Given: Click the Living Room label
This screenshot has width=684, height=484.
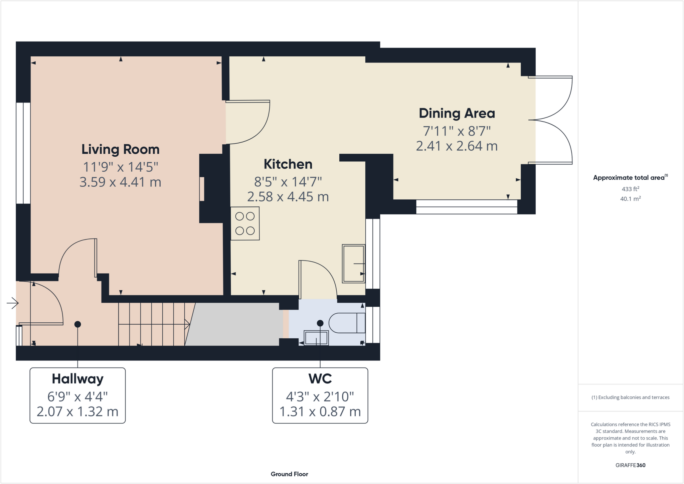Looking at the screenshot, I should [x=120, y=149].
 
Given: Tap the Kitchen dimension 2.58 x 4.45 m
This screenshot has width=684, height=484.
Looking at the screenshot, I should [x=288, y=197].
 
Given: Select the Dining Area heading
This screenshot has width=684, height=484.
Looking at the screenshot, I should [x=457, y=113].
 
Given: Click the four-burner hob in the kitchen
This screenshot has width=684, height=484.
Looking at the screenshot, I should [x=245, y=223].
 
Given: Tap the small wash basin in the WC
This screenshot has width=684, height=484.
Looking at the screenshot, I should [x=316, y=338].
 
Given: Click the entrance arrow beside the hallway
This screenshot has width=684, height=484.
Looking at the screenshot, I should [x=13, y=303].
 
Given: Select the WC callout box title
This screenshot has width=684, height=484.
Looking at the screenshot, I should [x=320, y=379].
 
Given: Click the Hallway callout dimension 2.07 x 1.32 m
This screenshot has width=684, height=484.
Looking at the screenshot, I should [x=77, y=412].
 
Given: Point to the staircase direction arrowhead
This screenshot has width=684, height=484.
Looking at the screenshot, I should [x=188, y=324].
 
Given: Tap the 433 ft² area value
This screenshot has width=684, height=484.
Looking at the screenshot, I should [x=630, y=189].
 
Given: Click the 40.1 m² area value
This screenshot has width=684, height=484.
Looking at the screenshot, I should [x=630, y=199].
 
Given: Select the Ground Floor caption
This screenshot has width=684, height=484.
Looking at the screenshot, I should [x=289, y=474].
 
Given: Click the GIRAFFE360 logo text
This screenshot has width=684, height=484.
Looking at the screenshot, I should [x=630, y=465].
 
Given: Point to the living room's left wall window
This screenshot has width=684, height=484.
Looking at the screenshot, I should [x=23, y=153].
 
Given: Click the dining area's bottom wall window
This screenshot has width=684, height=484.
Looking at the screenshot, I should [x=467, y=207].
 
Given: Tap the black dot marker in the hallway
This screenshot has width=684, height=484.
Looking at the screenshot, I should [x=77, y=324].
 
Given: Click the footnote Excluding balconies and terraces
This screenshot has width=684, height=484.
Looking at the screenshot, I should [x=630, y=397].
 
